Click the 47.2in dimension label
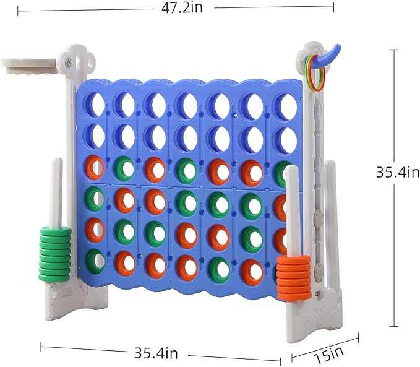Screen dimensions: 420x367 [x=182, y=8]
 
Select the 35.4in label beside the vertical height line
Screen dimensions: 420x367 [x=398, y=172]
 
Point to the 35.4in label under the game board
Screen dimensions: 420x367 [x=156, y=353]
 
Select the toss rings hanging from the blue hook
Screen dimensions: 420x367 [x=315, y=72]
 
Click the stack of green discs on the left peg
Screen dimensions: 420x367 [x=55, y=254]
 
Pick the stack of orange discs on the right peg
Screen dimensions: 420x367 [x=294, y=277]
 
